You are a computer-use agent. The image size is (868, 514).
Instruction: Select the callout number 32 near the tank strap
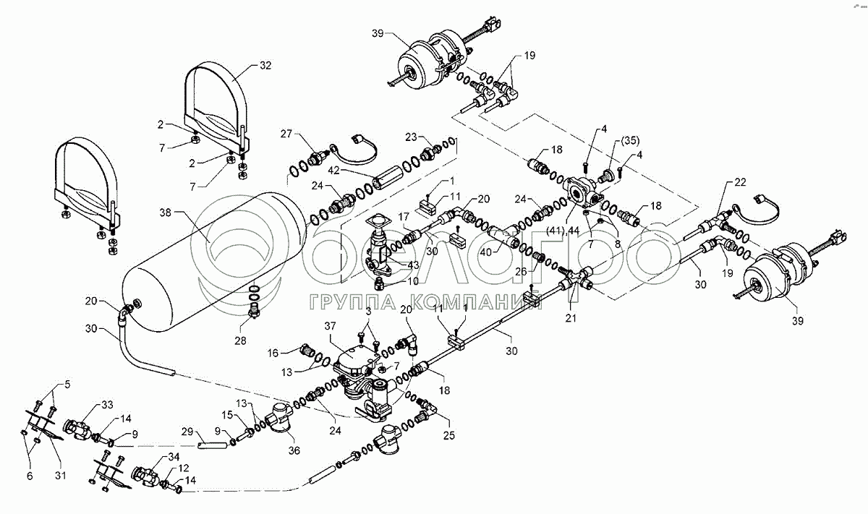tap(265, 65)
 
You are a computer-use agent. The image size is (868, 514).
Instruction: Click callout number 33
tap(107, 405)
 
